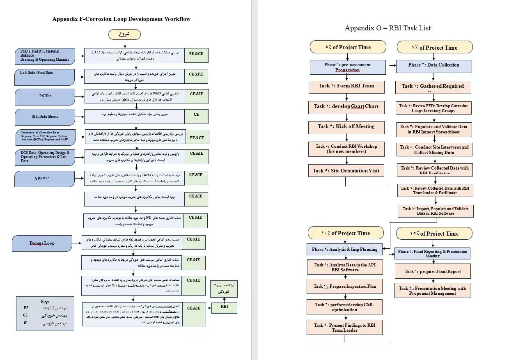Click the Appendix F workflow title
point(121,19)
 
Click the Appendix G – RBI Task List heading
point(387,28)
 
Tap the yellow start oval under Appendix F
point(124,34)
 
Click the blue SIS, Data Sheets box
point(45,117)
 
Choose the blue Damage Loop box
point(42,243)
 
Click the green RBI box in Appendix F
point(224,307)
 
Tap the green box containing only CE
point(196,115)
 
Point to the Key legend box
point(45,313)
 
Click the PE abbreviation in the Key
point(26,308)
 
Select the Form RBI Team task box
point(346,86)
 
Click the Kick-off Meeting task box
point(346,126)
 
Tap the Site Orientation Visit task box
point(346,171)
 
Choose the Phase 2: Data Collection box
point(433,65)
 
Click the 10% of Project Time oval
point(346,233)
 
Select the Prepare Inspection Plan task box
point(345,287)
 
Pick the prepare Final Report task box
point(433,271)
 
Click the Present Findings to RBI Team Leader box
point(345,328)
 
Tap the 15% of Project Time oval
point(434,234)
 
